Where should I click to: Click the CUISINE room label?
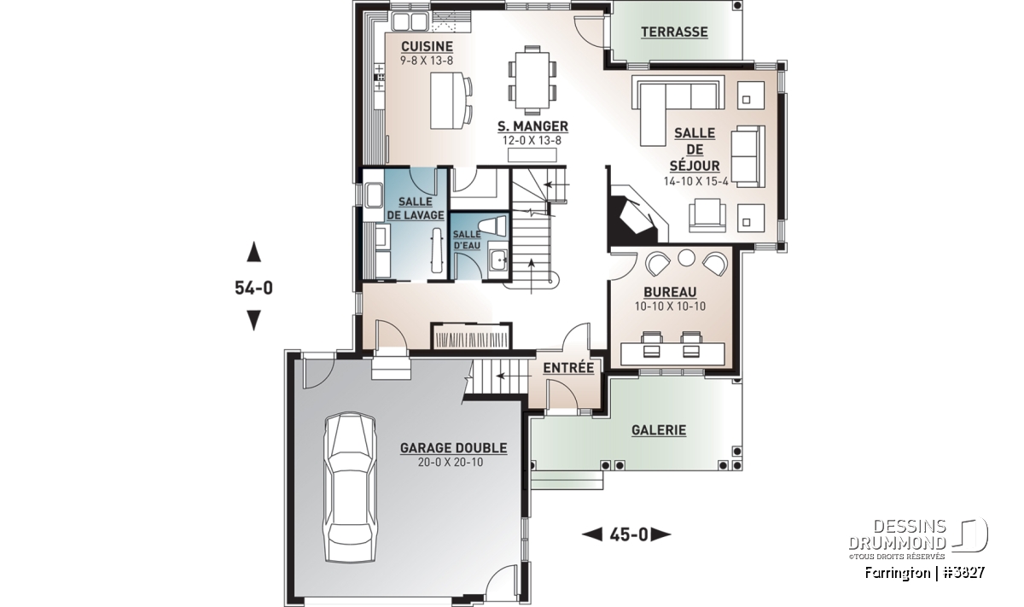427,46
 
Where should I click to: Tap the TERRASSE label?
674,32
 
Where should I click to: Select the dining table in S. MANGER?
532,80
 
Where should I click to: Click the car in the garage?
350,487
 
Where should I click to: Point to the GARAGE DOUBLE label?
453,448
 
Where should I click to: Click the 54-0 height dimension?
253,288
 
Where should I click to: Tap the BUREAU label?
670,292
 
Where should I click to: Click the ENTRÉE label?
568,367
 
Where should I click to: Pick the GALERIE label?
659,430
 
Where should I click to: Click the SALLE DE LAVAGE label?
415,208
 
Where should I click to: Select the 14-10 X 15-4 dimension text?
695,181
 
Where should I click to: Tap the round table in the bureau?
686,258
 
